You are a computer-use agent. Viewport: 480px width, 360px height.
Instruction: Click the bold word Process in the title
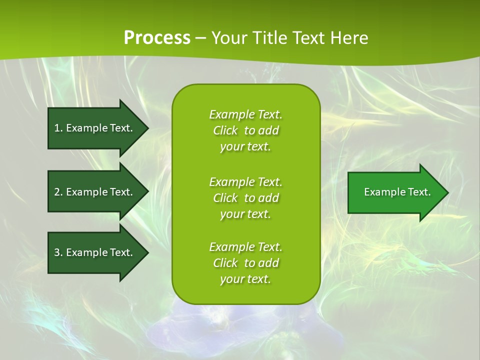click(157, 38)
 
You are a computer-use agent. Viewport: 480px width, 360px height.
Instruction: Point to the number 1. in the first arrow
click(58, 128)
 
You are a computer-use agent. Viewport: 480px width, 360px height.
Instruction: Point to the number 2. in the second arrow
click(58, 192)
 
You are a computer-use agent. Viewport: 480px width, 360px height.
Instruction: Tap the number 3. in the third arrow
click(58, 252)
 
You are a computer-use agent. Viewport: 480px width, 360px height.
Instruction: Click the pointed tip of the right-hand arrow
click(446, 192)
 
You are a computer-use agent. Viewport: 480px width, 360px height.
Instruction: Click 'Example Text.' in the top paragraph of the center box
click(245, 114)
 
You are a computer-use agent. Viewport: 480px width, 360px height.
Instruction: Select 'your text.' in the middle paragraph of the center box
click(245, 214)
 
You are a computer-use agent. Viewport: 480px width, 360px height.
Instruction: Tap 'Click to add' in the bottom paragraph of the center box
click(245, 263)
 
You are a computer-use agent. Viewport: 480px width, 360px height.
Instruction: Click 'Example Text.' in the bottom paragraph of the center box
click(245, 247)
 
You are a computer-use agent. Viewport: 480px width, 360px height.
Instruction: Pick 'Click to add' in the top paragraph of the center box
click(245, 130)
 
